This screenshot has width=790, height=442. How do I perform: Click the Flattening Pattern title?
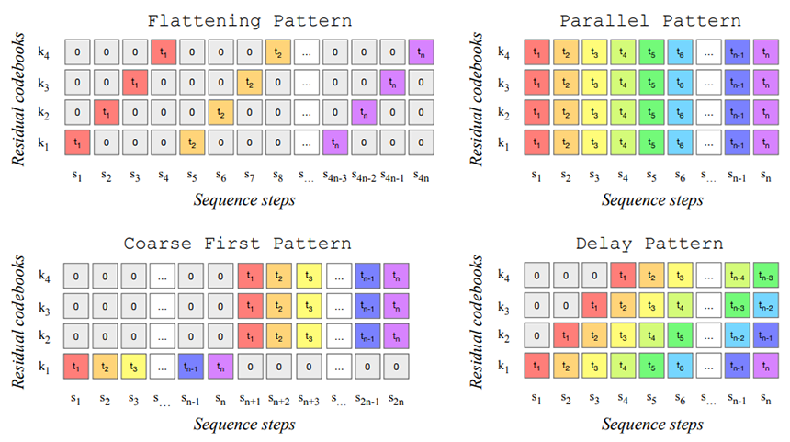click(x=249, y=20)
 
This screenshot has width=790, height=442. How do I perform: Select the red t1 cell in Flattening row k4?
click(x=164, y=52)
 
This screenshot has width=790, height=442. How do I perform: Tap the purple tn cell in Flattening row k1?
click(x=335, y=142)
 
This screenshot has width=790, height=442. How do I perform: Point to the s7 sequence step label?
click(x=249, y=176)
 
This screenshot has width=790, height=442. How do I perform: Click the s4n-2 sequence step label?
click(x=364, y=176)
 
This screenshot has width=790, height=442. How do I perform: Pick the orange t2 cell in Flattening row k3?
click(x=249, y=82)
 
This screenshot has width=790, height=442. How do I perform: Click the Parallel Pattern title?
click(x=650, y=20)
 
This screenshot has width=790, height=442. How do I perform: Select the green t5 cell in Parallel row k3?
click(x=651, y=82)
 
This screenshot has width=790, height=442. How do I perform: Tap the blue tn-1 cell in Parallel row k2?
click(x=737, y=112)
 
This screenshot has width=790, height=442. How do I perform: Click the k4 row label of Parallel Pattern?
click(x=503, y=52)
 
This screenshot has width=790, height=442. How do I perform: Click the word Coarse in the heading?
click(x=158, y=244)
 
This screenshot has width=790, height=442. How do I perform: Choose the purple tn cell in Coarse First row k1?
click(x=220, y=367)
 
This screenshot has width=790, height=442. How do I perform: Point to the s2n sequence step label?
click(x=396, y=400)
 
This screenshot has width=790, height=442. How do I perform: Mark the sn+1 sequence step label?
click(x=250, y=400)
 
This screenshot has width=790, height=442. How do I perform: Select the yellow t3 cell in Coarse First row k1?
click(x=133, y=367)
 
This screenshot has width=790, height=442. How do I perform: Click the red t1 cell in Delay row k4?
click(x=622, y=276)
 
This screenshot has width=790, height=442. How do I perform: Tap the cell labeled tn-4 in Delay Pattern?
click(x=737, y=276)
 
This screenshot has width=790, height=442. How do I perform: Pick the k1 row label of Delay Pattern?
click(x=503, y=367)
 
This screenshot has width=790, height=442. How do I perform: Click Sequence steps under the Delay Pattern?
click(x=652, y=424)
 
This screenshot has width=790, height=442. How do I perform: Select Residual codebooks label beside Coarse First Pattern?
click(x=18, y=321)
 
